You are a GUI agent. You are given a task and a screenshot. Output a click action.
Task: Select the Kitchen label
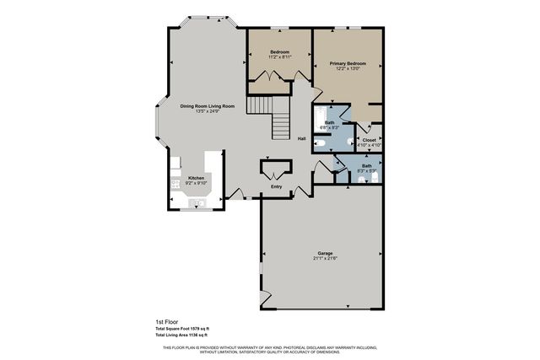(196, 178)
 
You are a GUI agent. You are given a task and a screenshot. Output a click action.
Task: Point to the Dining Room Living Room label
(206, 105)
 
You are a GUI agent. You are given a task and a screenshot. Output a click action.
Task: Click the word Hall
(301, 139)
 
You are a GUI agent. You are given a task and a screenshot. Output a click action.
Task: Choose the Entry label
(276, 186)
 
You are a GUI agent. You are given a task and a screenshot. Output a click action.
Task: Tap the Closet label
(370, 140)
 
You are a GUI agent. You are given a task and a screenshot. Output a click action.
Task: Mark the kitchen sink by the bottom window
(201, 202)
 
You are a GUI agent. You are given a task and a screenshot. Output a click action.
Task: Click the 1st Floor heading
(165, 322)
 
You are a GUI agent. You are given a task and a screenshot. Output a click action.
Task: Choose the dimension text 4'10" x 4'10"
(370, 145)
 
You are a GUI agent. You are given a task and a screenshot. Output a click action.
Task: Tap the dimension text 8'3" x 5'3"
(366, 171)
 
